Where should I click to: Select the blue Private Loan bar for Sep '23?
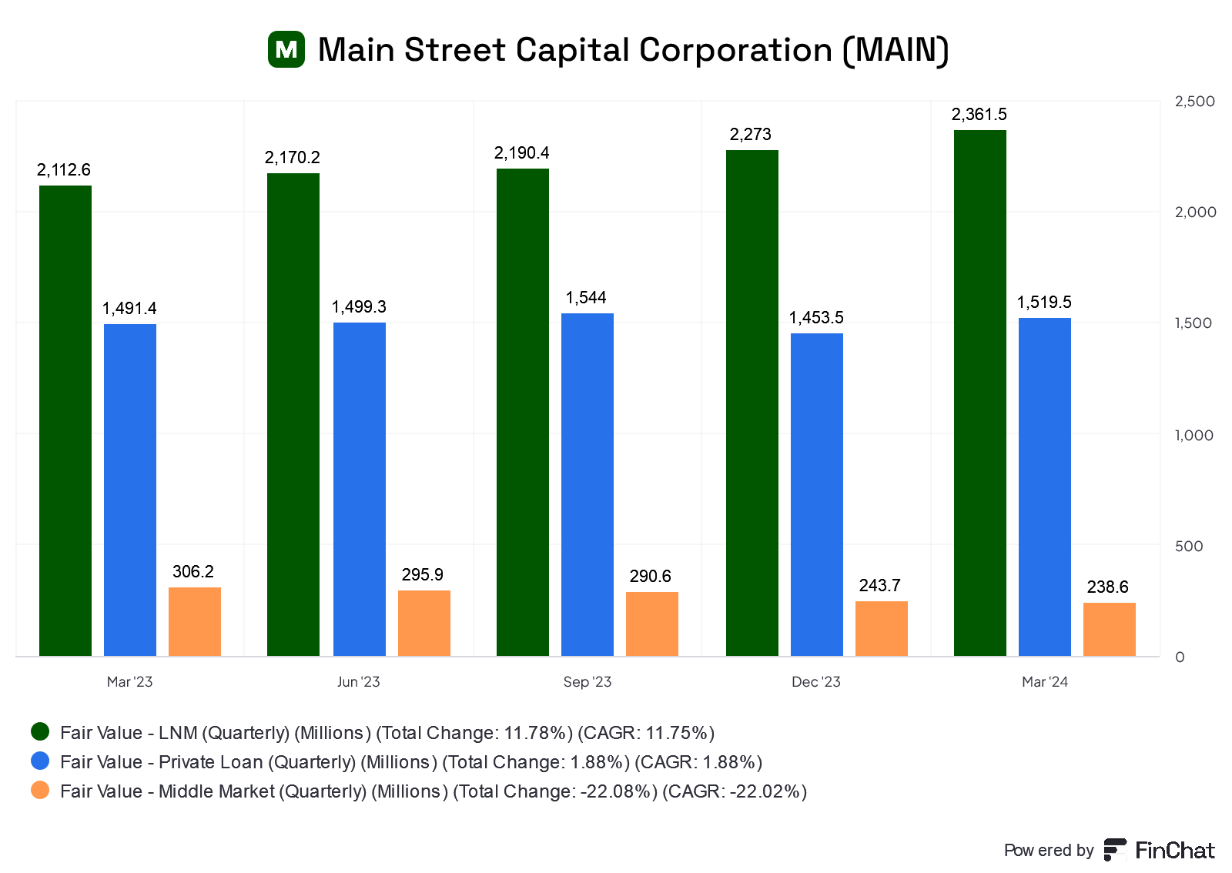(x=588, y=484)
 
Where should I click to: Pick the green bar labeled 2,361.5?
(x=980, y=393)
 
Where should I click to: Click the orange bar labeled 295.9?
(x=424, y=623)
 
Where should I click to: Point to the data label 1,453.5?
(x=816, y=318)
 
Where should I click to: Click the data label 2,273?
(x=751, y=135)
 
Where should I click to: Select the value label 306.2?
(x=193, y=572)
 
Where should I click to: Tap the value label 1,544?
(x=586, y=298)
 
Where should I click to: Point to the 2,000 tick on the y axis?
(x=1195, y=212)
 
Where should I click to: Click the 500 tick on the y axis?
(x=1189, y=547)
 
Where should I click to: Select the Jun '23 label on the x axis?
(x=359, y=682)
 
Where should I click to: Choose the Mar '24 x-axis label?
(x=1045, y=682)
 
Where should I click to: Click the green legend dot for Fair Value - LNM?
(x=40, y=731)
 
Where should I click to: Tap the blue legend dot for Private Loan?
(x=40, y=761)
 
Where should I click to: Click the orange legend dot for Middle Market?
(x=40, y=790)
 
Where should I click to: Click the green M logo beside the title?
(x=286, y=50)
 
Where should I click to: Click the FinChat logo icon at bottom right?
(x=1115, y=850)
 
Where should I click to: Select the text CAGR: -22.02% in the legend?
(x=735, y=791)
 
